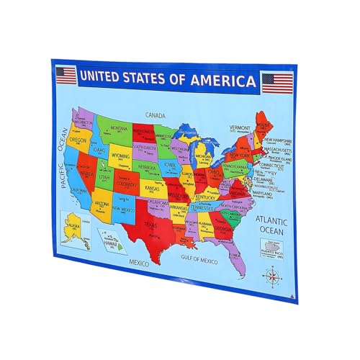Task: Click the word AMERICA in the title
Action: [224, 79]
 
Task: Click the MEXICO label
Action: [138, 264]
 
